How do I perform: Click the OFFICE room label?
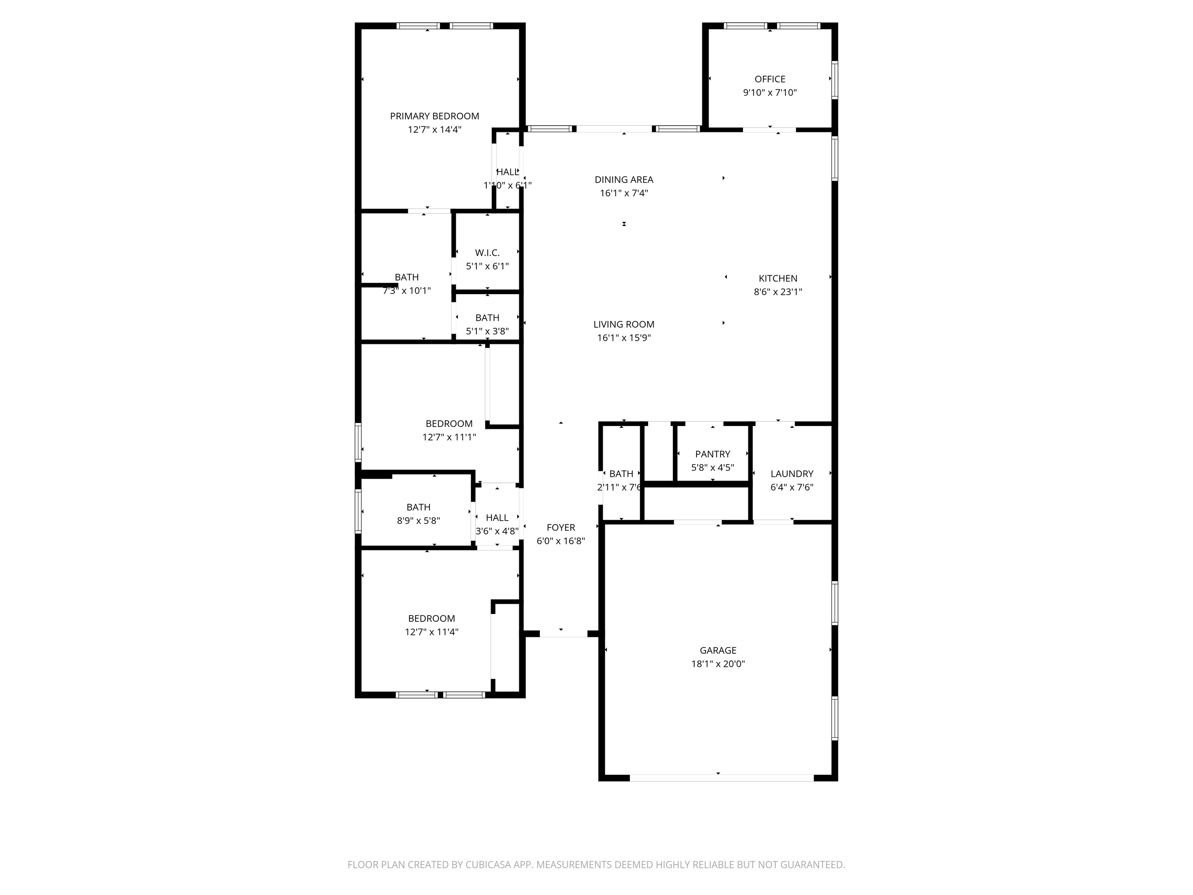pyautogui.click(x=770, y=79)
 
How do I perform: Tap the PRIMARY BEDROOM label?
pyautogui.click(x=434, y=116)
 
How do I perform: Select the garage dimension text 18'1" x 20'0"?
pyautogui.click(x=718, y=664)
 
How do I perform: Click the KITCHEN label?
pyautogui.click(x=778, y=278)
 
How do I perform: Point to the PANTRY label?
pyautogui.click(x=712, y=454)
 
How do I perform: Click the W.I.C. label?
pyautogui.click(x=487, y=253)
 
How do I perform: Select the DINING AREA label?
pyautogui.click(x=624, y=180)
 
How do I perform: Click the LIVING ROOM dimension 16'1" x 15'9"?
pyautogui.click(x=624, y=338)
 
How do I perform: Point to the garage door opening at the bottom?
pyautogui.click(x=722, y=778)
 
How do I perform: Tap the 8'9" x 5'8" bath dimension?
pyautogui.click(x=418, y=521)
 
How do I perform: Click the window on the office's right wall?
pyautogui.click(x=834, y=80)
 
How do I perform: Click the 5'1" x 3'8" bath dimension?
pyautogui.click(x=487, y=331)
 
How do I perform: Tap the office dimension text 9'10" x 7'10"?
pyautogui.click(x=770, y=93)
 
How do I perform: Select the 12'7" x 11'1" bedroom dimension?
pyautogui.click(x=449, y=437)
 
